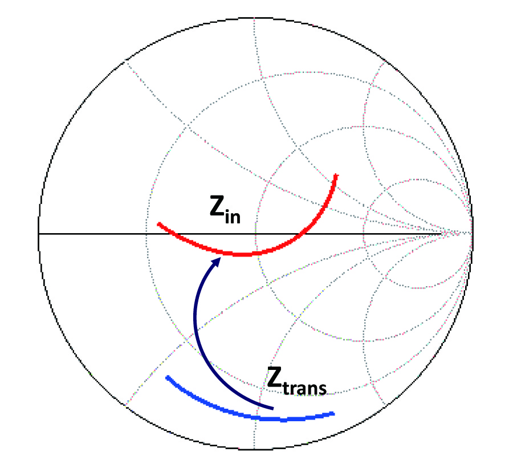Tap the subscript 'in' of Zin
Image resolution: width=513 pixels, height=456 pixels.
[x=233, y=217]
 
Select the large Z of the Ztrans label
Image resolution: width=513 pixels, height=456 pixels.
[x=274, y=377]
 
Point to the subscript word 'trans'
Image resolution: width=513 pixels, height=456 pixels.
[x=304, y=388]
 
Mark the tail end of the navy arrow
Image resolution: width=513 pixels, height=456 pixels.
[x=272, y=409]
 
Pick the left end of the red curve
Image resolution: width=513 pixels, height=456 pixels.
[x=158, y=224]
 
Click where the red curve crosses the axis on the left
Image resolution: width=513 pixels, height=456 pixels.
[x=174, y=234]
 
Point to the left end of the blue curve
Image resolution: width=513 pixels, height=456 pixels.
[x=167, y=377]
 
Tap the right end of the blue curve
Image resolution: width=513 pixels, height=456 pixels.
[x=333, y=414]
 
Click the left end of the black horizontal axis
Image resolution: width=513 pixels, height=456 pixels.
[x=39, y=234]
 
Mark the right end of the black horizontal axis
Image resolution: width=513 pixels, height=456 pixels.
[x=442, y=234]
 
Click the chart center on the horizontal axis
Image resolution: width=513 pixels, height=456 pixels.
[x=255, y=234]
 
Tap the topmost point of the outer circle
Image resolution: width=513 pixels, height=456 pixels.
[x=255, y=18]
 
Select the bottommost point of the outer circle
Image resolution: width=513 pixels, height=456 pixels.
[x=255, y=450]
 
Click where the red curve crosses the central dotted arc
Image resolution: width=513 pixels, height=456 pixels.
[x=256, y=254]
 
